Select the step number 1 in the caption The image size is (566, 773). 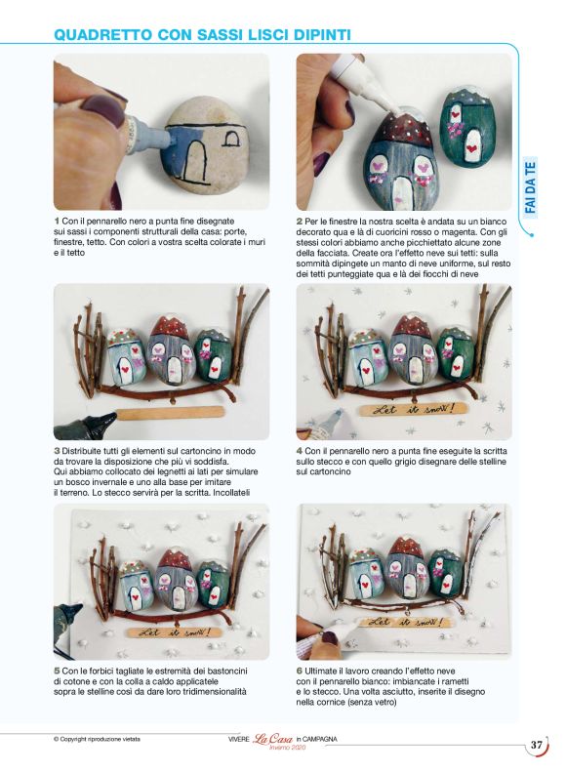[x=57, y=222]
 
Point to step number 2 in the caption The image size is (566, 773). [x=299, y=222]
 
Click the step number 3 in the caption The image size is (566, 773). [x=57, y=450]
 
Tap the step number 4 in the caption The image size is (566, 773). [x=299, y=450]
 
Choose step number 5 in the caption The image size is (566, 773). [x=57, y=671]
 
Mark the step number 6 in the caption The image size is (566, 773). [x=299, y=671]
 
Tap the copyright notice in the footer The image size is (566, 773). [x=97, y=739]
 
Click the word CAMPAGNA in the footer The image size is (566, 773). [x=320, y=739]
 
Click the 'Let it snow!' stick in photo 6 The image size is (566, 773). [x=403, y=620]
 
